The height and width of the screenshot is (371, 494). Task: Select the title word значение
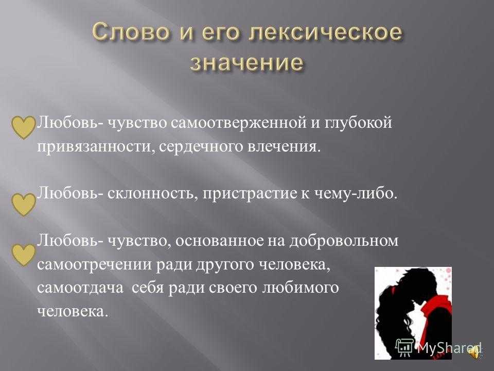tap(248, 62)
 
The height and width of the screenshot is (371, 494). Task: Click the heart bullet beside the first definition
tap(23, 127)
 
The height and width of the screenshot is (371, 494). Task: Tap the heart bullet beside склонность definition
tap(23, 205)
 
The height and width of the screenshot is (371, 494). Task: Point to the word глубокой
tap(358, 123)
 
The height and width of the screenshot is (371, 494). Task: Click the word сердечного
tap(201, 147)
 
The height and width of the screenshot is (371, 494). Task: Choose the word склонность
tap(152, 193)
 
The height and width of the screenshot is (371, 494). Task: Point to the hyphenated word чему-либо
tap(356, 193)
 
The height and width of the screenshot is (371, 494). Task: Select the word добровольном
tap(344, 241)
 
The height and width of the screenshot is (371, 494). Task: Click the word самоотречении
tap(95, 265)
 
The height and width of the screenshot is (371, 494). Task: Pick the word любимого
tap(300, 288)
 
